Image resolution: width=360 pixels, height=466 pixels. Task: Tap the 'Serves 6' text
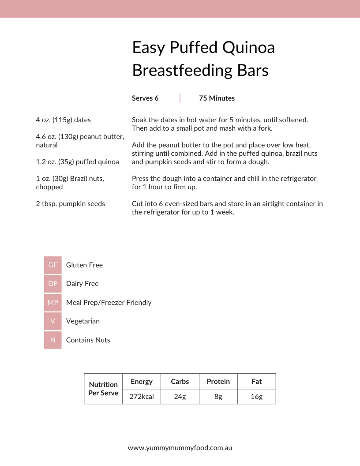[145, 98]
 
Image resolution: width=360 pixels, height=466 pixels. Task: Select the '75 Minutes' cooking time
[217, 98]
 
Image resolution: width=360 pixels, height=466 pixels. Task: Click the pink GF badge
[53, 265]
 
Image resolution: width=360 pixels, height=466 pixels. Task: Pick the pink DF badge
[53, 284]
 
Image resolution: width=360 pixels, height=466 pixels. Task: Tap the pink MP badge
[53, 303]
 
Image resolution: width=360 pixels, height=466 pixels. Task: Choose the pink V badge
[53, 321]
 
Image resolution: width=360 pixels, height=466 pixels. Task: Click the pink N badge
[53, 340]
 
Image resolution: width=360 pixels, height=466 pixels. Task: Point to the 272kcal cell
[142, 397]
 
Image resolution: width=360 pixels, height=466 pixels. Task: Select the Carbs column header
[180, 382]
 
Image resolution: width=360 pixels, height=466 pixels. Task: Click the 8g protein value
[218, 397]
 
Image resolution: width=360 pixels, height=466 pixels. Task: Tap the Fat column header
[257, 382]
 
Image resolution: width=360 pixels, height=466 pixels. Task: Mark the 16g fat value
[257, 397]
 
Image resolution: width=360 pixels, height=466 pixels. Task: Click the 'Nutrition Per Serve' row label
[103, 389]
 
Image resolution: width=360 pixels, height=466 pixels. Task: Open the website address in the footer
[180, 447]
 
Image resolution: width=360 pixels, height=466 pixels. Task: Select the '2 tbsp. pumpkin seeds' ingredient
[71, 204]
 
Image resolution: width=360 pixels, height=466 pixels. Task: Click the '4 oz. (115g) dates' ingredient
[64, 120]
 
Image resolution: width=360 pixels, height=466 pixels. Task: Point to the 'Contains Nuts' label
[88, 340]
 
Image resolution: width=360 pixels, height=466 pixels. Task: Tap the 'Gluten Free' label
[84, 265]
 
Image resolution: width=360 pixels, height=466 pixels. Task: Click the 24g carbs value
[180, 397]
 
